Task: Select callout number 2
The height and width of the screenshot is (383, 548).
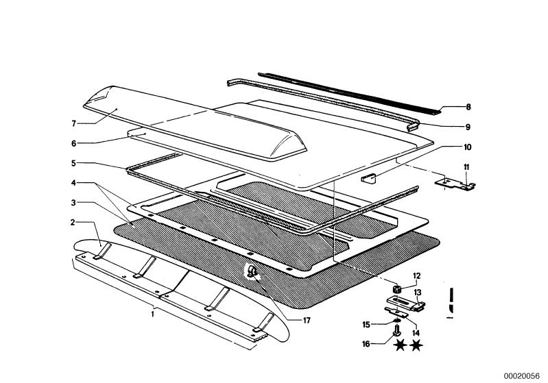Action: point(72,222)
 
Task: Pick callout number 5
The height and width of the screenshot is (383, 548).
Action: point(72,162)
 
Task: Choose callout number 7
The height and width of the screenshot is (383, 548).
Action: point(72,123)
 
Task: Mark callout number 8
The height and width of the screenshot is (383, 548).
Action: point(468,107)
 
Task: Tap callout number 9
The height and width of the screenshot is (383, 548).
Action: point(468,126)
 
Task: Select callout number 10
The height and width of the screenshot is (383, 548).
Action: point(468,146)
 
